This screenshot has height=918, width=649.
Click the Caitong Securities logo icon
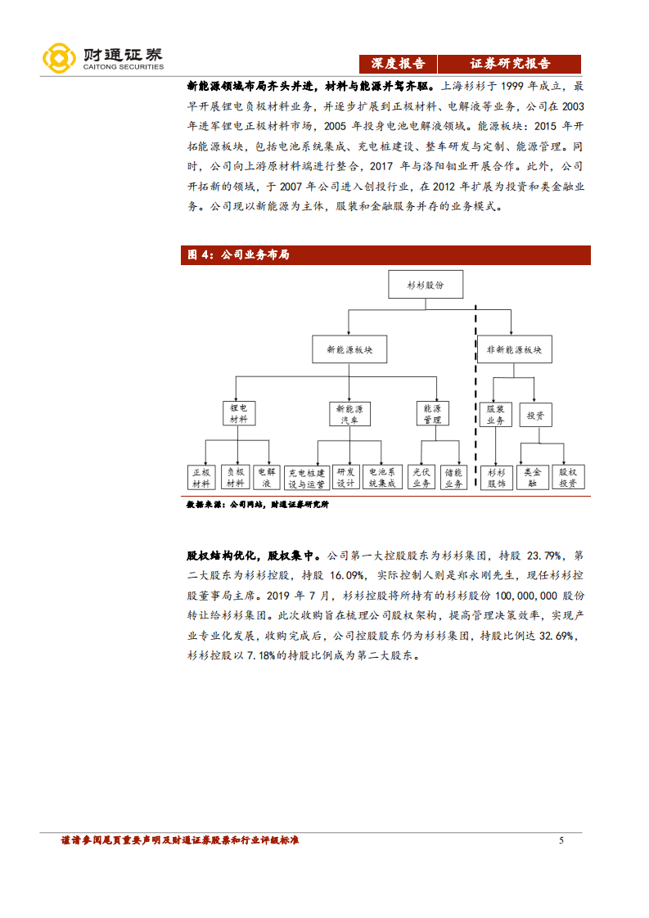pos(60,56)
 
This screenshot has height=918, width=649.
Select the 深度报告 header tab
pos(398,64)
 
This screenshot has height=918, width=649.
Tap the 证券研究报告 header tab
pos(509,64)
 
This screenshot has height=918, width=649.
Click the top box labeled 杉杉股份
pos(425,285)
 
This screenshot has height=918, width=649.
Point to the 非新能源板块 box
pos(513,350)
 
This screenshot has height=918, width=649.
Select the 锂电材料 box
pos(239,412)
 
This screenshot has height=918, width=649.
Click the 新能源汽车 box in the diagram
pos(349,413)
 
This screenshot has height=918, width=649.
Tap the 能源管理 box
pos(431,413)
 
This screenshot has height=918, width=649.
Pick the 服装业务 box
pos(495,414)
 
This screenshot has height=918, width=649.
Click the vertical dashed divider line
pos(476,393)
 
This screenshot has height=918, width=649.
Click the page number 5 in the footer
pos(561,840)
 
